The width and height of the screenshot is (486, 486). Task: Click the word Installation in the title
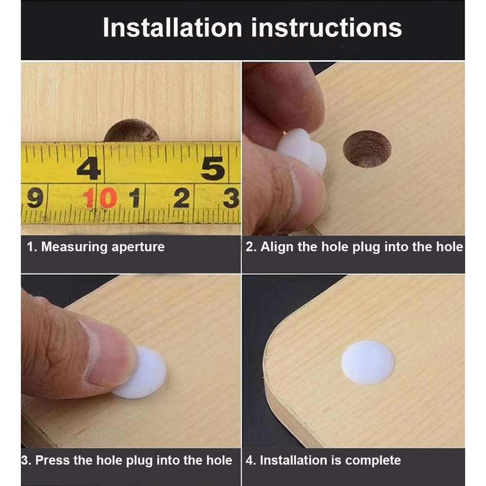[173, 28]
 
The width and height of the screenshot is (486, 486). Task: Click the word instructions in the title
[327, 28]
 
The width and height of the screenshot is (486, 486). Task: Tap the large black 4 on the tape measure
[89, 168]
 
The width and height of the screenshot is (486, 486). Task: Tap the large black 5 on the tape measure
[213, 168]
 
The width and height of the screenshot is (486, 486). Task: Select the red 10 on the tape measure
[100, 198]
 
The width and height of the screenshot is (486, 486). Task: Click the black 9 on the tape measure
[35, 198]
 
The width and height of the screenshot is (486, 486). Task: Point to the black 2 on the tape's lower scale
[181, 197]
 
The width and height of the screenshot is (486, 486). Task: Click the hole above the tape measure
[132, 131]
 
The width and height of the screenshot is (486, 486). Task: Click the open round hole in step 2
[367, 149]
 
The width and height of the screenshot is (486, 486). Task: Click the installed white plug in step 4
[368, 363]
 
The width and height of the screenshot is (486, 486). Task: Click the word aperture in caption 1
[138, 247]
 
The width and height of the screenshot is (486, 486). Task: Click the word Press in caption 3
[52, 460]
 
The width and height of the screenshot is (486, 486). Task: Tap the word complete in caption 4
[373, 461]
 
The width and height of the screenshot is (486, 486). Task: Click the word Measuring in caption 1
[74, 247]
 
